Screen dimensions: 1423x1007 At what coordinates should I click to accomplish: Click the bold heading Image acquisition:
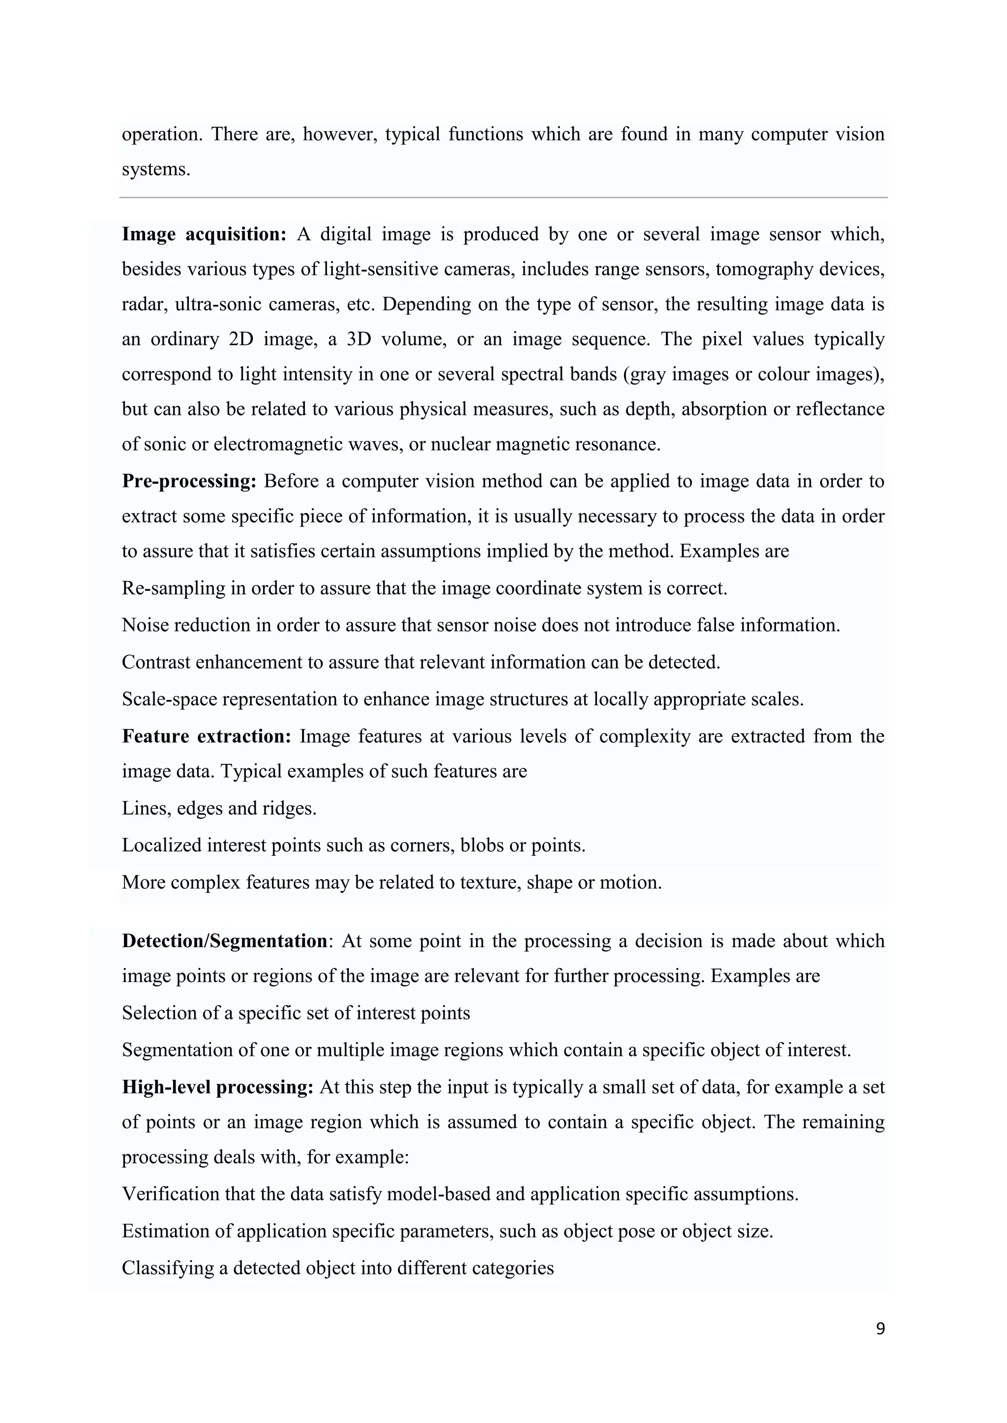[x=204, y=234]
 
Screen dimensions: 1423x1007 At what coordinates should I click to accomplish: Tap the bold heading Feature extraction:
[x=207, y=736]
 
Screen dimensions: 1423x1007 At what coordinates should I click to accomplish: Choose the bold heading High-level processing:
[x=217, y=1087]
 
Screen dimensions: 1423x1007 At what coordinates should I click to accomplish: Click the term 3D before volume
[x=358, y=340]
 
